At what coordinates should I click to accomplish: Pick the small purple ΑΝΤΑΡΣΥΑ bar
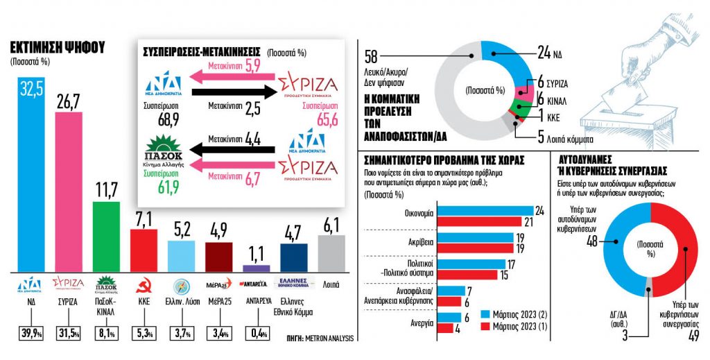(x=257, y=267)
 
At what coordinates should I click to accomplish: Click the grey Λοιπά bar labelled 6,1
(x=331, y=252)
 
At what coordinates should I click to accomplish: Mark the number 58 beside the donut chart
(x=370, y=56)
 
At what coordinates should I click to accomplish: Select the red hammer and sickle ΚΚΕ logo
(x=144, y=284)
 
